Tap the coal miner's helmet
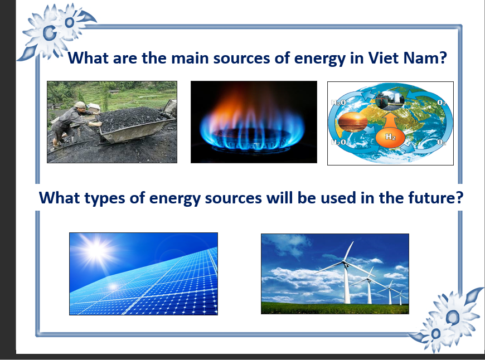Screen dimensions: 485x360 [x=80, y=104]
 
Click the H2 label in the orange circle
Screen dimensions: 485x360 [x=390, y=137]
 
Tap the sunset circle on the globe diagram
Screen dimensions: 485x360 [x=353, y=122]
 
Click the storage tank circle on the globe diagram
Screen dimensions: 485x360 [x=390, y=100]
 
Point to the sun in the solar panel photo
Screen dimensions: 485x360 [x=95, y=250]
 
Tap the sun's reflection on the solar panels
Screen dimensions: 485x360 [x=113, y=286]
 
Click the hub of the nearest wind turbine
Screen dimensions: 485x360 [x=345, y=262]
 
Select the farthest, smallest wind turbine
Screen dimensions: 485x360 [x=401, y=296]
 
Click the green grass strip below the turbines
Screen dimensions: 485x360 [x=335, y=308]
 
